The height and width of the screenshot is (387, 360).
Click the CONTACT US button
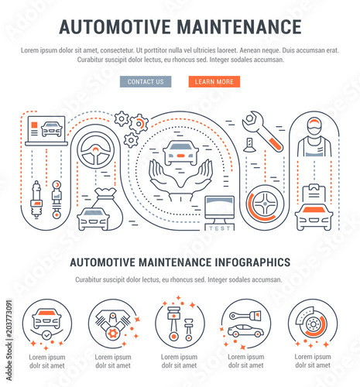[146, 81]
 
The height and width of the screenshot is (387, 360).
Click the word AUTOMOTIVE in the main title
[115, 27]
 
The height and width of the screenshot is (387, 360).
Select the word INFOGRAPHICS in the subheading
[252, 262]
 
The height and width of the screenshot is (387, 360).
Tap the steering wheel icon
[95, 150]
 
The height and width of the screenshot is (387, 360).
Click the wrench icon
[262, 131]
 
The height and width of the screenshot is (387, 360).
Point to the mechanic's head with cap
[314, 126]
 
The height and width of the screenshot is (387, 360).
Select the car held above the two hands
[180, 152]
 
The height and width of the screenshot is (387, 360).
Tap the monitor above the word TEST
[219, 210]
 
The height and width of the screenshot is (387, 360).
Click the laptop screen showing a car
[46, 129]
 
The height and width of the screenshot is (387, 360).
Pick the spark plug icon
[36, 200]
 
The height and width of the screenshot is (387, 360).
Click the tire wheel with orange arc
[265, 204]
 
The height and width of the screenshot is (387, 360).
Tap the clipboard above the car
[314, 193]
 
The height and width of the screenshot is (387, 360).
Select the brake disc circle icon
[312, 323]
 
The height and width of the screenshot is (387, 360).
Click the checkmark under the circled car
[46, 335]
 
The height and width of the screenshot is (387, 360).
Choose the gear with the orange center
[139, 124]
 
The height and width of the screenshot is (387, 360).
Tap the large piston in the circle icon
[173, 324]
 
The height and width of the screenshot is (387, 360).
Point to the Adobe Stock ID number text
[9, 319]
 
